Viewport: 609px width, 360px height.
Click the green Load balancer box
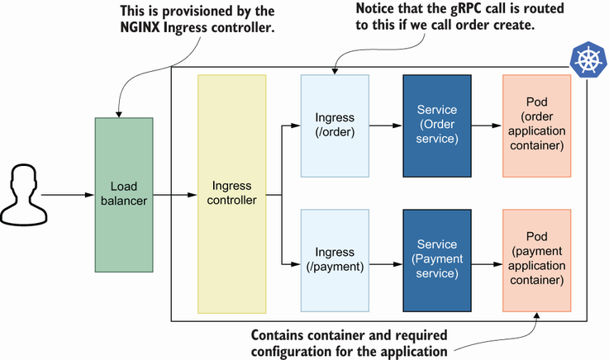tap(124, 195)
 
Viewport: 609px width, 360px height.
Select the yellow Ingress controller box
tap(232, 194)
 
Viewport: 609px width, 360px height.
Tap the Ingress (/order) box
tap(335, 126)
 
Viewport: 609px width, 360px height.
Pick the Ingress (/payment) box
tap(335, 260)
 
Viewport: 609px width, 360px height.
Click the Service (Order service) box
tap(437, 126)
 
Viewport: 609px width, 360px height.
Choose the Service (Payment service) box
tap(437, 260)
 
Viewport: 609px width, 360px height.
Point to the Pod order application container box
tap(537, 126)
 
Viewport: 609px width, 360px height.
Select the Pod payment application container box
tap(537, 260)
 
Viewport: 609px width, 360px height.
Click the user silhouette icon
tap(23, 195)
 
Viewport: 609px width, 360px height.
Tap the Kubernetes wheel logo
tap(588, 59)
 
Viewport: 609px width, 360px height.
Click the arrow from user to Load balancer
tap(68, 195)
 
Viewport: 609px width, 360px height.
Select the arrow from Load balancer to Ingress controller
tap(175, 195)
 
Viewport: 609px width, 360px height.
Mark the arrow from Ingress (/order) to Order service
tap(386, 126)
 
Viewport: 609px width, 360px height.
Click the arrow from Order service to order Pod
tap(487, 126)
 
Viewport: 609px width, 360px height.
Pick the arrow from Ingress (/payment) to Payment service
tap(386, 264)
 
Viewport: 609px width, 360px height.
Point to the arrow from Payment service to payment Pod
tap(487, 264)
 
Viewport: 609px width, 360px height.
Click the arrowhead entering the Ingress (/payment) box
tap(296, 264)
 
